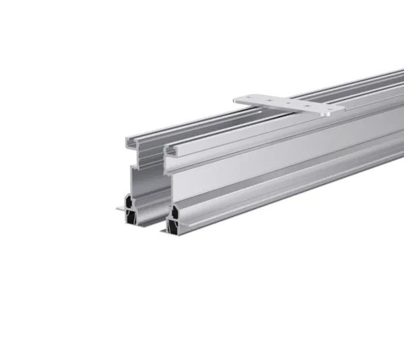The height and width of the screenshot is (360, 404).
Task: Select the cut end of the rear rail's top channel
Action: click(x=135, y=143)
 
